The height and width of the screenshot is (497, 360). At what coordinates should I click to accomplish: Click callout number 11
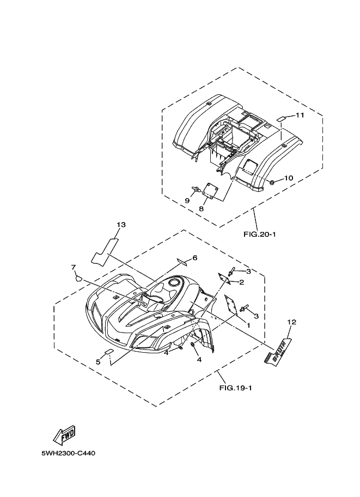tap(300, 115)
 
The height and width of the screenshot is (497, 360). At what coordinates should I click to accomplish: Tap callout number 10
tap(289, 177)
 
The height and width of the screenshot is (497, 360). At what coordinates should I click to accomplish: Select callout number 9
tap(187, 201)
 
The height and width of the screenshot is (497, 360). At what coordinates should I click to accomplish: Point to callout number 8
tap(201, 208)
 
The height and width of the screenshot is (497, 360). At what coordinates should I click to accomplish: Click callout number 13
tap(121, 224)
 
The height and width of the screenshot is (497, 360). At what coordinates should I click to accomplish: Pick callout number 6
tap(194, 257)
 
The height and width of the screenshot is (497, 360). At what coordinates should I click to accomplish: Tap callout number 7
tap(73, 267)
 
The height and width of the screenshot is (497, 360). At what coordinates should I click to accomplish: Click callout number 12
tap(291, 322)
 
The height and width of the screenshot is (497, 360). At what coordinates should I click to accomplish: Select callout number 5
tap(98, 361)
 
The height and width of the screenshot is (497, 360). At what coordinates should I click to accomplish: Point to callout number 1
tap(248, 324)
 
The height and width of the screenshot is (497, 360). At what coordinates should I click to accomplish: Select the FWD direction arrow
tap(63, 435)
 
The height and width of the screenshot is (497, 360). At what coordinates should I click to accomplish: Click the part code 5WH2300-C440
tap(68, 453)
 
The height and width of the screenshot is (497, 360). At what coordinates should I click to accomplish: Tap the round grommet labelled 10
tap(271, 181)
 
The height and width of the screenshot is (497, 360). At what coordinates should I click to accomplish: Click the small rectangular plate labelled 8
tap(210, 191)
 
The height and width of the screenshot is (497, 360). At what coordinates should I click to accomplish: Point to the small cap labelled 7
tap(78, 278)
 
